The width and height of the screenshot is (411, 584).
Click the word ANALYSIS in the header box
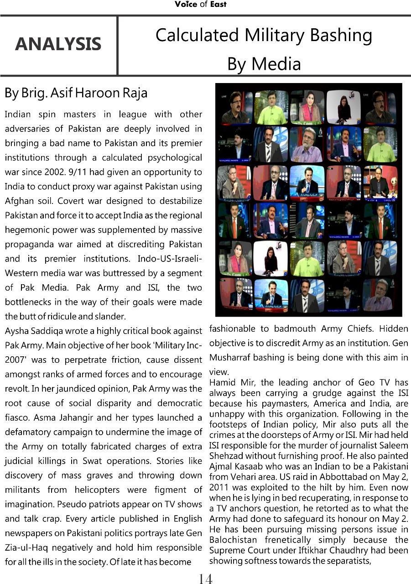pyautogui.click(x=58, y=44)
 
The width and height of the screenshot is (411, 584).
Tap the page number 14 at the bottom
pyautogui.click(x=205, y=579)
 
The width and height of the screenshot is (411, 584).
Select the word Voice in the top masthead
pyautogui.click(x=186, y=4)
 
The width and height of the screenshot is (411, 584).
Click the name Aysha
pyautogui.click(x=17, y=331)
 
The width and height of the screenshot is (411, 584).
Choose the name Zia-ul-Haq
pyautogui.click(x=28, y=547)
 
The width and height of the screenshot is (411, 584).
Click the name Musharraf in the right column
pyautogui.click(x=231, y=357)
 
